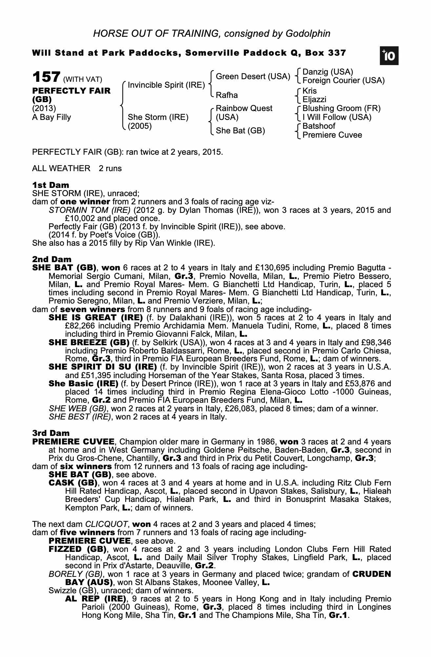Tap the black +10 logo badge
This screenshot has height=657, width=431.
[x=389, y=56]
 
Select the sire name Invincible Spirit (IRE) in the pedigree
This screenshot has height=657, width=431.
[x=166, y=85]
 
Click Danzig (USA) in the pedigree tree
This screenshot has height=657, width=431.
[x=327, y=72]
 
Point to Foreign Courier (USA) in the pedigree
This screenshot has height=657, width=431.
[x=343, y=80]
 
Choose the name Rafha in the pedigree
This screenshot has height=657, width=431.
[x=227, y=95]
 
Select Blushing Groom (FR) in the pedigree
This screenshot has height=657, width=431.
[x=341, y=108]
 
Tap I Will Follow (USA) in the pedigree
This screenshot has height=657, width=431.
[x=337, y=117]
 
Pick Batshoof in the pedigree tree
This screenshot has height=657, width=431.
[x=319, y=126]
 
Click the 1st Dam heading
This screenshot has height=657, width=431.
[x=51, y=185]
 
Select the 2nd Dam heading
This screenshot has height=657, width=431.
[x=51, y=260]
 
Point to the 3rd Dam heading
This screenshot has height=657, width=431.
[x=51, y=433]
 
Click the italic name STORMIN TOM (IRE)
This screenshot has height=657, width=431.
[x=90, y=210]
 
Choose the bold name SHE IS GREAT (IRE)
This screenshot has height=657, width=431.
[x=95, y=318]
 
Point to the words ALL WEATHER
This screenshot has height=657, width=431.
[x=61, y=169]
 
